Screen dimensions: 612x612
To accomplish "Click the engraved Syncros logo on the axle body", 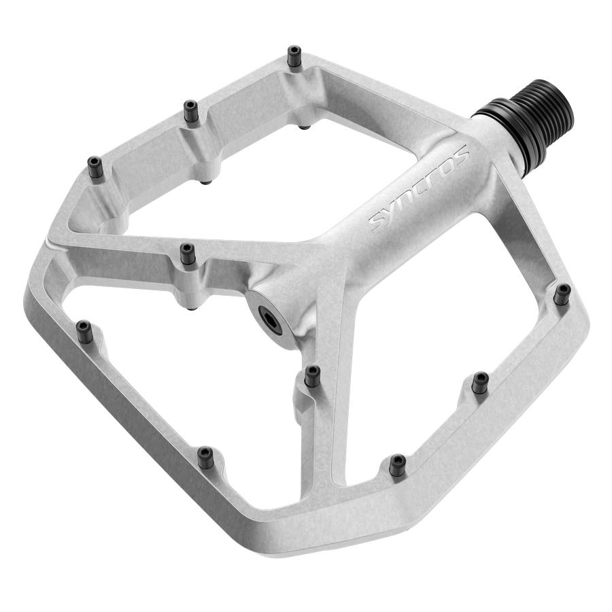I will coord(420,187).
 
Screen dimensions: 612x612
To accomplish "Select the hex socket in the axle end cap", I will coord(269,320).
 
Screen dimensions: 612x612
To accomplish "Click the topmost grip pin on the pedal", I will coord(294,55).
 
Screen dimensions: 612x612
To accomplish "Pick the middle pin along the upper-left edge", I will coord(191,111).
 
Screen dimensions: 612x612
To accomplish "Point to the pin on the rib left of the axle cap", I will coord(187,254).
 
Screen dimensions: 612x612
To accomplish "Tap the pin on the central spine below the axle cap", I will coord(312,375).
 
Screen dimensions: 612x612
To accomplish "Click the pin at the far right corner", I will coord(561,294).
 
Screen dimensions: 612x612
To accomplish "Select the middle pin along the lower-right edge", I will coord(480,383).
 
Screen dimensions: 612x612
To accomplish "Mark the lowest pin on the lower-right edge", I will coord(397,464).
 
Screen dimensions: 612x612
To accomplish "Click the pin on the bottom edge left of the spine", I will coord(205,457).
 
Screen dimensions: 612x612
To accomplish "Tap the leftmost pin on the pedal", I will coord(84,331).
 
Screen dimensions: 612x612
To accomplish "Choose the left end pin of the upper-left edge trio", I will coord(95,166).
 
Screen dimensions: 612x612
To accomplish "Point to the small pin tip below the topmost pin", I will coord(305,127).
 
